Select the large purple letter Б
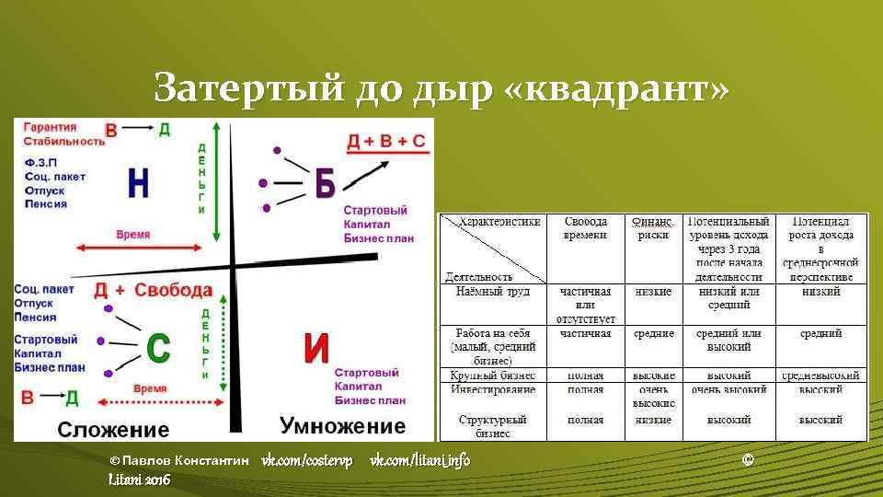(x=324, y=184)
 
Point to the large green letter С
(x=158, y=347)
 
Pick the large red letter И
(x=316, y=348)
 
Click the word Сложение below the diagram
(x=113, y=429)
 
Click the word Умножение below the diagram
(x=342, y=426)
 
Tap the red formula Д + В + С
(x=386, y=142)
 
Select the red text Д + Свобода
(x=153, y=291)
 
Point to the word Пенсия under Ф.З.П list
(x=46, y=203)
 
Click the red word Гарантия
(x=51, y=127)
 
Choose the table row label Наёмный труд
(x=492, y=292)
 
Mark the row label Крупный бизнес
(x=493, y=376)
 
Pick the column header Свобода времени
(x=585, y=228)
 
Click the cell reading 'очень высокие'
(x=654, y=397)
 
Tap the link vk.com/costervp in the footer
(x=307, y=459)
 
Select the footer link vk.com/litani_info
(x=419, y=459)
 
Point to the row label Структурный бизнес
(x=493, y=426)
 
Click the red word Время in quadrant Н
(x=133, y=235)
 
